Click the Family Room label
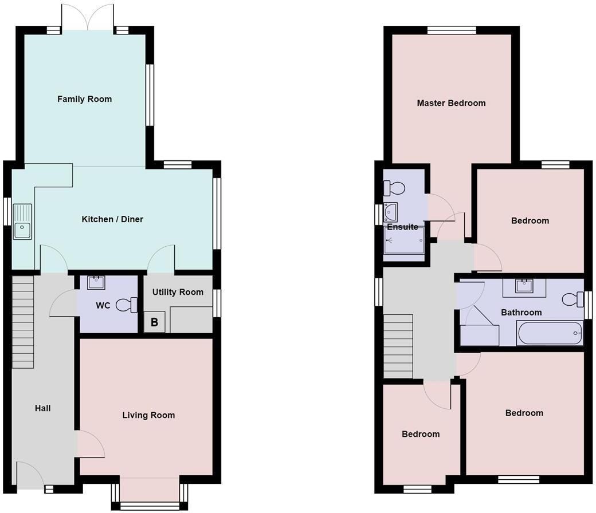tap(84, 99)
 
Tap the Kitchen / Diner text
tap(112, 219)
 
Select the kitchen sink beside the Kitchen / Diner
tap(22, 222)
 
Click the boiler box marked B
tap(154, 322)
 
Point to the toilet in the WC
tap(127, 305)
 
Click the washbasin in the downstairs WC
tap(96, 282)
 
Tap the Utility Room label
tap(178, 292)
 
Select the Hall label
tap(42, 408)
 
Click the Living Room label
tap(148, 415)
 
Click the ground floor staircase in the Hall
tap(23, 322)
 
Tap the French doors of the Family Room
tap(88, 18)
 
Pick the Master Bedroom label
tap(451, 103)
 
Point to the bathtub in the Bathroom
tap(550, 333)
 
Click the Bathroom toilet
tap(573, 299)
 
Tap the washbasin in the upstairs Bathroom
tap(524, 286)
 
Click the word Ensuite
tap(402, 227)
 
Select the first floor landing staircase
tap(398, 346)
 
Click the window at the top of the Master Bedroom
tap(452, 30)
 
